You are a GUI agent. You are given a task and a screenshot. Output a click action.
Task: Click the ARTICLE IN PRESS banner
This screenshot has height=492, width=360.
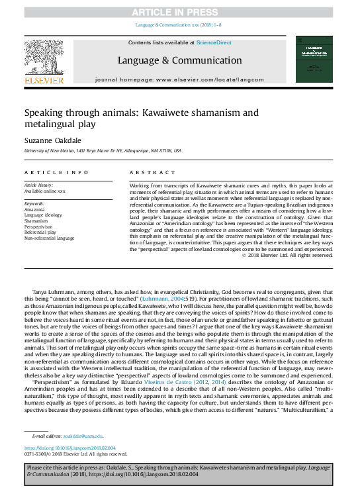click(x=180, y=13)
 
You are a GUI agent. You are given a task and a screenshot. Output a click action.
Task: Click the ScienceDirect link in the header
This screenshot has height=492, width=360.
click(x=214, y=42)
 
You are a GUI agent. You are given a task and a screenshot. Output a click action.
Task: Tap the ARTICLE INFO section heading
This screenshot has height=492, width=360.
click(x=56, y=172)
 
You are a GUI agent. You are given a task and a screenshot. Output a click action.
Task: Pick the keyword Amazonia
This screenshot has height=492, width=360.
click(x=34, y=209)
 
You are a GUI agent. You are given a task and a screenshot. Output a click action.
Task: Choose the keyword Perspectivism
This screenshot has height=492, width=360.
click(x=38, y=227)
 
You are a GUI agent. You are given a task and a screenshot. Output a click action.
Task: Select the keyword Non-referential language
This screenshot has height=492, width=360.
click(x=50, y=238)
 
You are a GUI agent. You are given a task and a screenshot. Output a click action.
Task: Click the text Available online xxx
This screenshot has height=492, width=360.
click(x=45, y=191)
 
